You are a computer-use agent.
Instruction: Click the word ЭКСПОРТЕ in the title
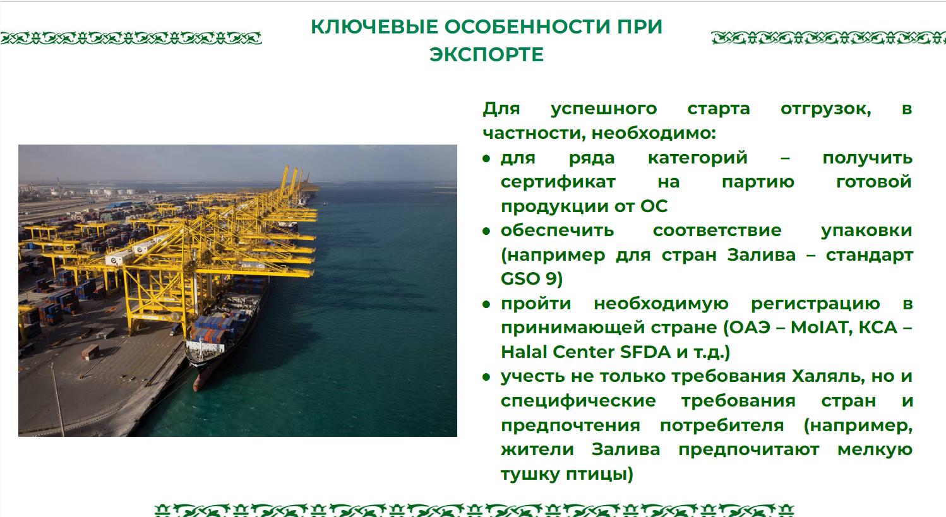(486, 55)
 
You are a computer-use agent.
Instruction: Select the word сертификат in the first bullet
(558, 182)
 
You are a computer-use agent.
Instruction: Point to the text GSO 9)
(532, 279)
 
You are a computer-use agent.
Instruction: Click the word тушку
(530, 474)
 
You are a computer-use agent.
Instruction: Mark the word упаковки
(866, 231)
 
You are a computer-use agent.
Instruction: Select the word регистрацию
(815, 304)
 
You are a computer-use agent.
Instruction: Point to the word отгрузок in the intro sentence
(825, 109)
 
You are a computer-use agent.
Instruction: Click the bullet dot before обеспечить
(486, 232)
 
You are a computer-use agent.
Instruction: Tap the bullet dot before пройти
(486, 304)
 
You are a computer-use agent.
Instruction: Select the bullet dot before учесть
(486, 377)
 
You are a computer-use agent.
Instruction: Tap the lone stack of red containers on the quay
(90, 352)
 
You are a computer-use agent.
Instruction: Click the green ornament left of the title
(131, 38)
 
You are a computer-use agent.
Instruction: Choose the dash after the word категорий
(785, 158)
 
